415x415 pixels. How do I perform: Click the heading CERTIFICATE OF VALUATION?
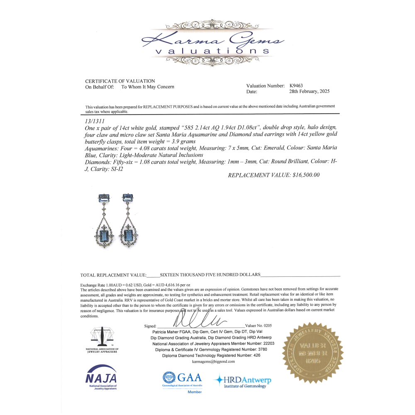pyautogui.click(x=120, y=81)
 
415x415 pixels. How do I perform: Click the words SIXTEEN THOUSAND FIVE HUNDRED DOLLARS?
pyautogui.click(x=210, y=275)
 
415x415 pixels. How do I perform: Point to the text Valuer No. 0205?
pyautogui.click(x=259, y=326)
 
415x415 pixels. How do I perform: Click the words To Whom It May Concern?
pyautogui.click(x=148, y=87)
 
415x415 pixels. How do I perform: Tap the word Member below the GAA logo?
pyautogui.click(x=195, y=392)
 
